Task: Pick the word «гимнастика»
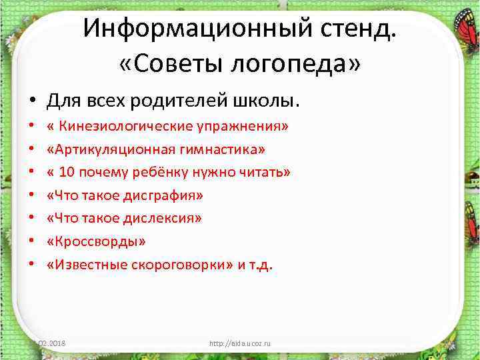216,149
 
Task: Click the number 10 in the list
66,172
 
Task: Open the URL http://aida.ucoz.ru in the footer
240,344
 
